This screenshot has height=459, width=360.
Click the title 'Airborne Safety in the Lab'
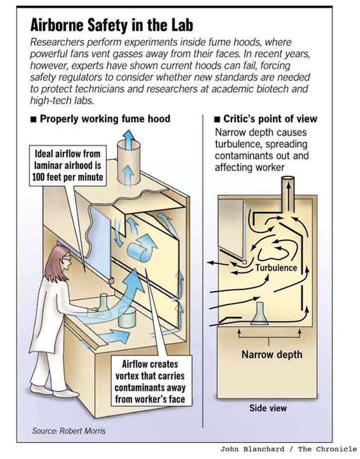pyautogui.click(x=111, y=25)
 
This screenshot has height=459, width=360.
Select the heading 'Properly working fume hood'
pyautogui.click(x=105, y=119)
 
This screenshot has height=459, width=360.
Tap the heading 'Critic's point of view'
pyautogui.click(x=270, y=119)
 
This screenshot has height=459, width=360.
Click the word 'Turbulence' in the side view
pyautogui.click(x=276, y=267)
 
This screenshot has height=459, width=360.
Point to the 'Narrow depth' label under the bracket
pyautogui.click(x=272, y=355)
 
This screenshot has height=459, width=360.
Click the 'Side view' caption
pyautogui.click(x=268, y=408)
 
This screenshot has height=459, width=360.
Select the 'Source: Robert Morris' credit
pyautogui.click(x=69, y=431)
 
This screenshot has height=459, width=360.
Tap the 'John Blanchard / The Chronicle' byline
pyautogui.click(x=288, y=449)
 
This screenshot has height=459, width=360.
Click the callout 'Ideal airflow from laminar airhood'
pyautogui.click(x=67, y=166)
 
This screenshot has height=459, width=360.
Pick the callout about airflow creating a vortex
pyautogui.click(x=150, y=382)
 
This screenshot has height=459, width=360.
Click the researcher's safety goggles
pyautogui.click(x=67, y=257)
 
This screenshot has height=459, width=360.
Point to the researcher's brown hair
pyautogui.click(x=54, y=263)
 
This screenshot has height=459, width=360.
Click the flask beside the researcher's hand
pyautogui.click(x=103, y=303)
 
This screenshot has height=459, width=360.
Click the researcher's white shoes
pyautogui.click(x=54, y=391)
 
